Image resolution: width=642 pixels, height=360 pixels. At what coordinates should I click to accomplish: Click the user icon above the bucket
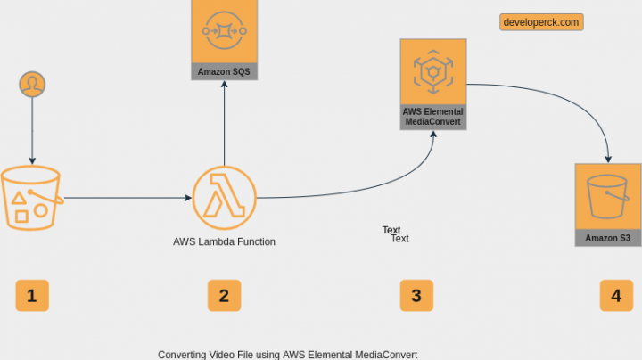[x=33, y=84]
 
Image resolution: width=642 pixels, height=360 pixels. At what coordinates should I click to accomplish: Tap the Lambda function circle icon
[x=224, y=197]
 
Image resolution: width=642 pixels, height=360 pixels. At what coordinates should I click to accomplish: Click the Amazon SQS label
[x=224, y=71]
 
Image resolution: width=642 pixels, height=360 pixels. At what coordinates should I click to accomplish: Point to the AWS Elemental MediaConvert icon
[x=433, y=71]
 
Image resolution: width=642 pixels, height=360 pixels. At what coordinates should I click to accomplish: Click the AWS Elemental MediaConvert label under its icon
[x=433, y=117]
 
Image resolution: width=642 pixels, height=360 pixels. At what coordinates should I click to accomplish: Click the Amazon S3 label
[x=608, y=238]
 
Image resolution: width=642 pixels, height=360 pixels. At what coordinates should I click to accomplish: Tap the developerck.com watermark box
[x=541, y=22]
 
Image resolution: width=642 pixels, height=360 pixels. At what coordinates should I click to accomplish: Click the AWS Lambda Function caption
[x=224, y=241]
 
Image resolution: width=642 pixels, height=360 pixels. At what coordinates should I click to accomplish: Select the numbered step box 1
[x=32, y=295]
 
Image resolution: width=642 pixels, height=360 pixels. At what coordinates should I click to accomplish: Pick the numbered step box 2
[x=224, y=295]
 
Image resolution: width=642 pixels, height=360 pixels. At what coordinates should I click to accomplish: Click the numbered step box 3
[x=416, y=295]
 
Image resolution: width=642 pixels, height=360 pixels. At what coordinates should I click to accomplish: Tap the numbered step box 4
[x=615, y=295]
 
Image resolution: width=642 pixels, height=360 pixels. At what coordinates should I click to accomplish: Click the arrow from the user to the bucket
[x=33, y=128]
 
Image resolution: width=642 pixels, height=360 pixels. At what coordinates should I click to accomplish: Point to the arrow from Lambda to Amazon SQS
[x=224, y=125]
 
